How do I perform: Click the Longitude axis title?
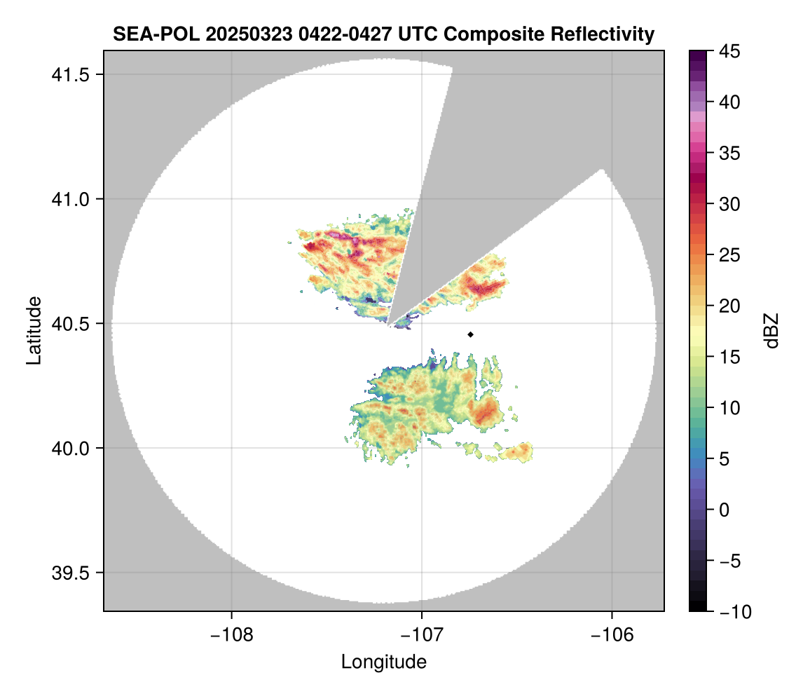pyautogui.click(x=384, y=662)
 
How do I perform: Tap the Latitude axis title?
pyautogui.click(x=33, y=330)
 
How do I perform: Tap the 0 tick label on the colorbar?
pyautogui.click(x=723, y=510)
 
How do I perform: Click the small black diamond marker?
pyautogui.click(x=471, y=334)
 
